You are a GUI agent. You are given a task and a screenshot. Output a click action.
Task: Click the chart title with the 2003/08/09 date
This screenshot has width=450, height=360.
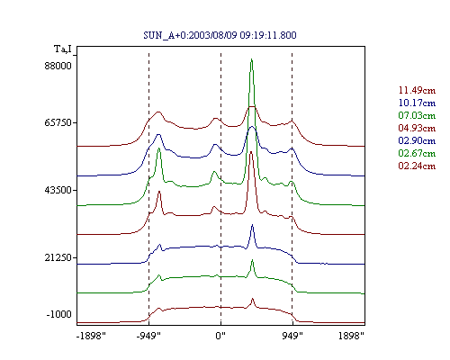pos(220,35)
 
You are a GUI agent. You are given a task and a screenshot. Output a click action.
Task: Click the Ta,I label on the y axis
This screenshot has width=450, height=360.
pos(63,49)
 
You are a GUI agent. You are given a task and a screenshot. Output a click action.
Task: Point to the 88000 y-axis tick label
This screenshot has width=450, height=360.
pos(58,66)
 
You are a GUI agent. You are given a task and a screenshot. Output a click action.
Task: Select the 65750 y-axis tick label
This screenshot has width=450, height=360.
pos(58,122)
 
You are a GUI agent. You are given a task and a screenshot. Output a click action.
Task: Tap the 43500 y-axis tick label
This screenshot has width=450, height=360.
pos(58,190)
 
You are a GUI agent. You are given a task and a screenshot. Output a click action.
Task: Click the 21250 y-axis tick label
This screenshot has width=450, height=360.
pos(58,257)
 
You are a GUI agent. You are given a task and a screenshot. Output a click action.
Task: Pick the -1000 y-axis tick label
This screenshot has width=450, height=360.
pos(58,314)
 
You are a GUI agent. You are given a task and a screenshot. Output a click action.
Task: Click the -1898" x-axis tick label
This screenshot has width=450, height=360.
pos(91,336)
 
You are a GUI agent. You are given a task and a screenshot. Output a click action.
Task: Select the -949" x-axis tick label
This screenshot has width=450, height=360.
pos(148,336)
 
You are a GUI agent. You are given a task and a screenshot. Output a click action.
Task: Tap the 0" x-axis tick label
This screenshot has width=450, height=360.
pos(220,336)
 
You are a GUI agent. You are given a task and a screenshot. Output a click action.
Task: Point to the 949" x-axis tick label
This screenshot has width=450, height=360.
pos(292,336)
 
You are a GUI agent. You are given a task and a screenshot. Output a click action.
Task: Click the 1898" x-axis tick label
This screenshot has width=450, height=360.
pos(351,336)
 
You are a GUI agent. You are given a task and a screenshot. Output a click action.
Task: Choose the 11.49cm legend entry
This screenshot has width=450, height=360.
pos(417,90)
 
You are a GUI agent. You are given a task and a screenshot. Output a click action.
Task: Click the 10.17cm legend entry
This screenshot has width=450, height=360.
pos(417,103)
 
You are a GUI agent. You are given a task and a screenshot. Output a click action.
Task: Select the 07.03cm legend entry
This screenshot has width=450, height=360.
pos(417,115)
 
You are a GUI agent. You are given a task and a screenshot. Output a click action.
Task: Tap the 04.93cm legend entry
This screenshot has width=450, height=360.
pos(417,128)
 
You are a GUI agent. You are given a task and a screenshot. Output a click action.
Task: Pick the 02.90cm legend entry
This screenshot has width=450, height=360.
pos(417,140)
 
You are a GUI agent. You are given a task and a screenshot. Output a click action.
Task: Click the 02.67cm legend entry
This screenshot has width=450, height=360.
pos(417,153)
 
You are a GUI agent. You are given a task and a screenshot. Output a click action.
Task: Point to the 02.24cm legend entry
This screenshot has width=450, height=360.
pos(417,166)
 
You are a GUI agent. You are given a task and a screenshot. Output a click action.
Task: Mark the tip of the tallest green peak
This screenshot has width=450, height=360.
pos(251,59)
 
